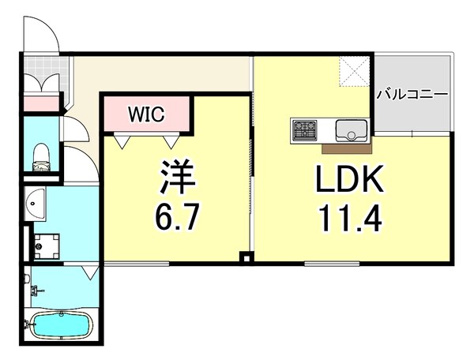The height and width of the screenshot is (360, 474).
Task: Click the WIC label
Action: click(146, 114)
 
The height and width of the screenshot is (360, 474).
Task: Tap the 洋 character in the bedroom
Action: click(178, 176)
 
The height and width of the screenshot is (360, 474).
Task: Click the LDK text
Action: click(349, 178)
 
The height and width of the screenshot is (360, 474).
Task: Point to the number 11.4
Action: click(350, 217)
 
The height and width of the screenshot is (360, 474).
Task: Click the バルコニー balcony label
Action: click(412, 95)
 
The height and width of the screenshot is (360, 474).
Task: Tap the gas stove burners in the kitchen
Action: click(304, 129)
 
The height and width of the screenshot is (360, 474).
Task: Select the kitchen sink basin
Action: click(352, 130)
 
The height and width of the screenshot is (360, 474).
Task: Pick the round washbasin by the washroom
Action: click(35, 203)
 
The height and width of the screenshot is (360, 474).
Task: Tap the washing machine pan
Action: click(46, 246)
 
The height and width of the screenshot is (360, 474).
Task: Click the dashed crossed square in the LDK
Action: click(354, 72)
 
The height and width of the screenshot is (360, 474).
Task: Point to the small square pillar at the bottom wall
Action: click(246, 258)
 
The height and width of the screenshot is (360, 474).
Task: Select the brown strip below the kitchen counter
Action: click(347, 149)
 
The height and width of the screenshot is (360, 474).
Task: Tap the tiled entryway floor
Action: click(46, 73)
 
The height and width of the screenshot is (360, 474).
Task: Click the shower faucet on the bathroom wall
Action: click(36, 291)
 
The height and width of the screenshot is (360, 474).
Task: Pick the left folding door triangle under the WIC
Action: click(122, 141)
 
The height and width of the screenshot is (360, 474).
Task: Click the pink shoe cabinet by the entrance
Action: click(42, 103)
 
